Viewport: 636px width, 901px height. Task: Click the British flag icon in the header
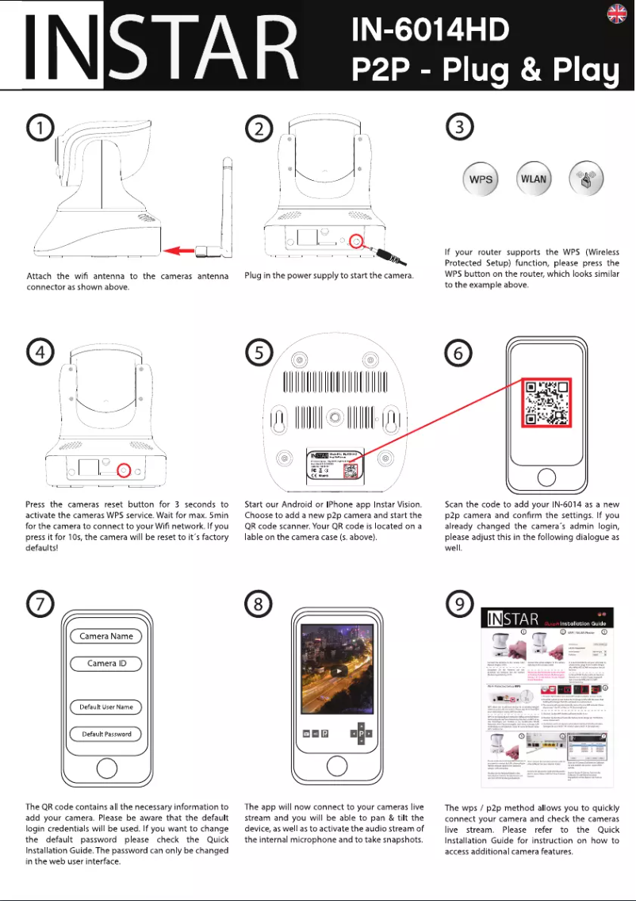pos(617,13)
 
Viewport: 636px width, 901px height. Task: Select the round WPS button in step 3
pos(481,179)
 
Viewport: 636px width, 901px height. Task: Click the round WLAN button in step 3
pos(534,179)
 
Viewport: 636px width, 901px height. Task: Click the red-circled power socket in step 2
pos(357,240)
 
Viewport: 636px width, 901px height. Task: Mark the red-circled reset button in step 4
pos(124,470)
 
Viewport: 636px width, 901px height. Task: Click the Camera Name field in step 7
pos(105,636)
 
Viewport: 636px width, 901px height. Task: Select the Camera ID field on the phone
pos(105,663)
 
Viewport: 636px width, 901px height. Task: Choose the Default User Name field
pos(105,707)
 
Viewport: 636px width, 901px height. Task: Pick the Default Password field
pos(105,734)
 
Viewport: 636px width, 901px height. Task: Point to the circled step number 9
pos(461,604)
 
